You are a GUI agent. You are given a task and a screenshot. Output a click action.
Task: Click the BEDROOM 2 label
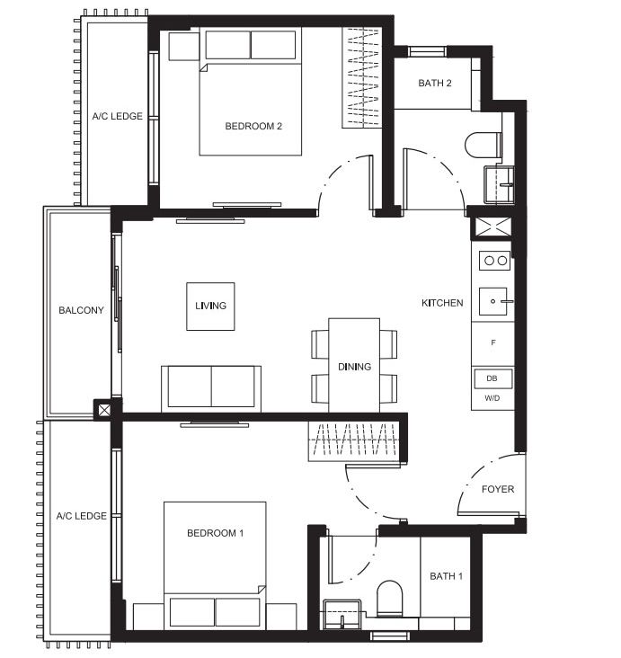point(253,126)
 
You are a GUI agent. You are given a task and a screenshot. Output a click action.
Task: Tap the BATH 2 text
point(435,83)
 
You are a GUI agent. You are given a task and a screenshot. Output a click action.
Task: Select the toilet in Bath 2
point(483,146)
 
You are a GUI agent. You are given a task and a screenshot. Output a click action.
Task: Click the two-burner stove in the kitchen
point(495,261)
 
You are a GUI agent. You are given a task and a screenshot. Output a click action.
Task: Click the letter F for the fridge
point(493,342)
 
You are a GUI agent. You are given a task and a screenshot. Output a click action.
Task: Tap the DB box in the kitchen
point(492,378)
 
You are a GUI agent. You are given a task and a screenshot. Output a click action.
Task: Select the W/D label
point(492,398)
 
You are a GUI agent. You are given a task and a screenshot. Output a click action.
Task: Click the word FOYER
point(498,489)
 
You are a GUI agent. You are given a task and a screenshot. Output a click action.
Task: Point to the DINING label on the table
point(355,367)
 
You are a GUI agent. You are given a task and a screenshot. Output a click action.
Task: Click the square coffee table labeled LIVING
point(210,307)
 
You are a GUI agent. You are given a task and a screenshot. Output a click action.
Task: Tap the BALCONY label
point(81,310)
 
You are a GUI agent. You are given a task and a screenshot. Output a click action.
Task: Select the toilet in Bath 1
point(389,599)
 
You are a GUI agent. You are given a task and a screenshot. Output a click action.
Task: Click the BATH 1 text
point(446,576)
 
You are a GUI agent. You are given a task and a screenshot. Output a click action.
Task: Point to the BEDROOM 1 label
point(216,533)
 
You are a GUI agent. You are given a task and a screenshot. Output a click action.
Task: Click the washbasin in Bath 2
point(499,184)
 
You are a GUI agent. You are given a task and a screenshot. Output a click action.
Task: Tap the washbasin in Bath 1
point(342,614)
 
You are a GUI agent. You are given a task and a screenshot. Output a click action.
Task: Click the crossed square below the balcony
point(104,410)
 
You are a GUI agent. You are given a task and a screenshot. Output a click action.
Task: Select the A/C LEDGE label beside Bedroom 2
point(118,116)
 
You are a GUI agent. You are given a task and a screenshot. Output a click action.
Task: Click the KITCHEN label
point(442,303)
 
